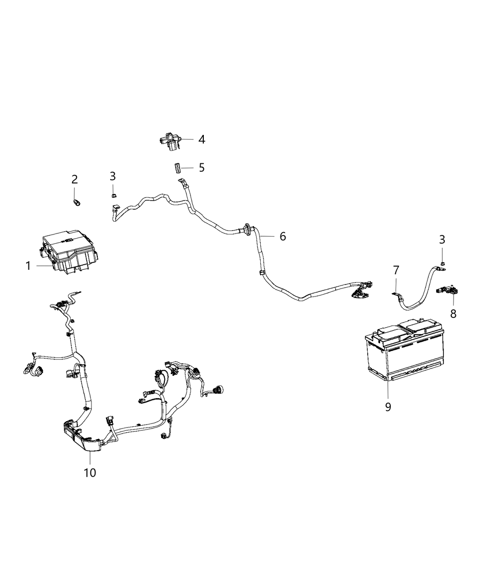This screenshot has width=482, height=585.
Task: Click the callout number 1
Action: point(28,266)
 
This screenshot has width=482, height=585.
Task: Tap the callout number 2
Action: point(74,179)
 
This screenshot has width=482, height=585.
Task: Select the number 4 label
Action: point(202,139)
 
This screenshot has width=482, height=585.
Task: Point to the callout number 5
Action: point(202,167)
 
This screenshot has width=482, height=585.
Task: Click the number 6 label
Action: point(283,236)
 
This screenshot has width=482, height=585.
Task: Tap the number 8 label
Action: point(453,314)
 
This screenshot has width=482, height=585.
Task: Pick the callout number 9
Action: point(388,407)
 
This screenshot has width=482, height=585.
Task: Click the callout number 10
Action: point(90,472)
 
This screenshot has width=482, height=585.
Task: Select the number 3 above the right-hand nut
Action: point(442,240)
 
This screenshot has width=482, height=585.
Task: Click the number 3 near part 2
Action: point(112,176)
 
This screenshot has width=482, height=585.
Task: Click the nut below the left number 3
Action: point(113,196)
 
